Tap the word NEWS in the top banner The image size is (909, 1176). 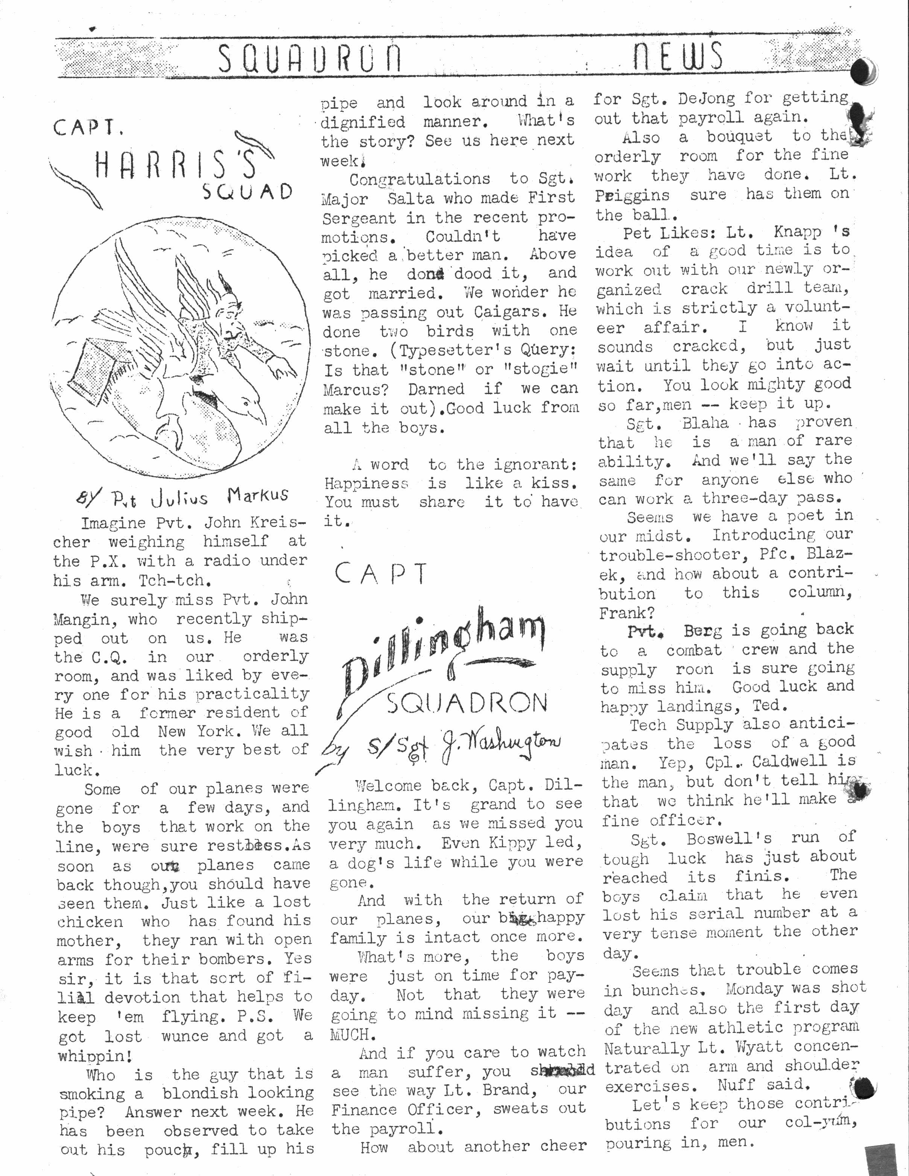[677, 56]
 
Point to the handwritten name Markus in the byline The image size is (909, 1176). [257, 494]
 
